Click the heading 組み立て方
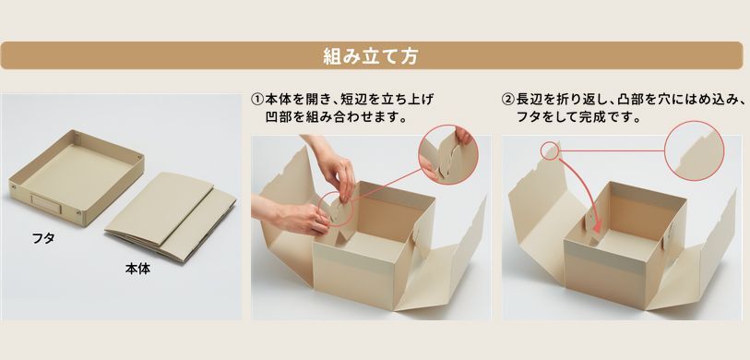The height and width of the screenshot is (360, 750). click(x=371, y=56)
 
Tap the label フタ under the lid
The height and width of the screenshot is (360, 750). click(x=43, y=238)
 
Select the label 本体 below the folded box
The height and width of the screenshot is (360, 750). click(x=137, y=269)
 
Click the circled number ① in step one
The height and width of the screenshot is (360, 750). click(x=257, y=100)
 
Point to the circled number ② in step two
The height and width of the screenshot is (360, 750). click(x=507, y=100)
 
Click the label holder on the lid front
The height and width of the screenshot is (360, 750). click(x=45, y=201)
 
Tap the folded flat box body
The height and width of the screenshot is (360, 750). click(x=171, y=217)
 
